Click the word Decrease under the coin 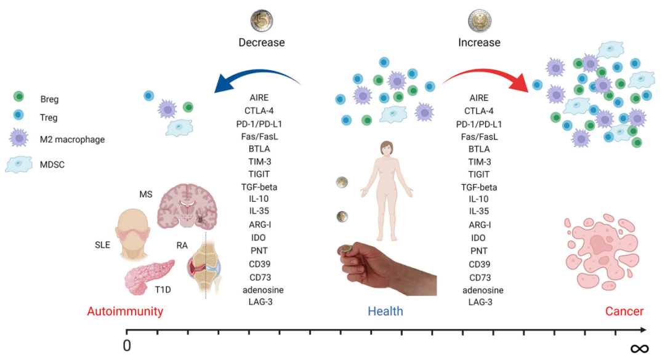(x=262, y=43)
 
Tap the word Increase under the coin (x=479, y=43)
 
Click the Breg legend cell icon (x=19, y=97)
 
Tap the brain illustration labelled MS (x=188, y=208)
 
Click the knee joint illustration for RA (x=206, y=268)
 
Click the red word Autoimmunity (x=125, y=311)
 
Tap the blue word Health (x=385, y=311)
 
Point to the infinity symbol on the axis (x=639, y=348)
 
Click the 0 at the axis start (x=127, y=346)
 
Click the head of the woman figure (x=387, y=149)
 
